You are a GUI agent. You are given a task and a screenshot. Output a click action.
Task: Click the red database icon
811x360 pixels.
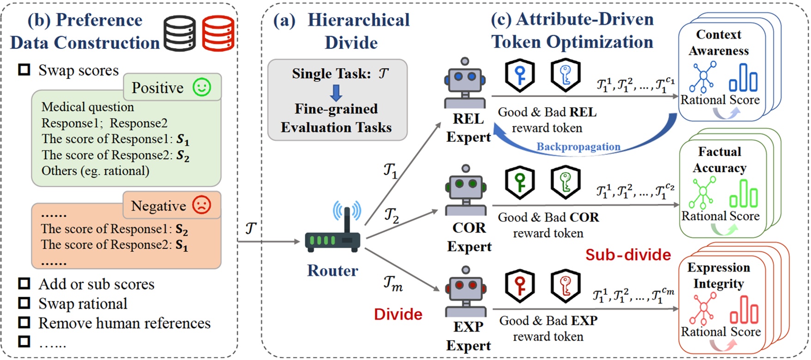coord(218,33)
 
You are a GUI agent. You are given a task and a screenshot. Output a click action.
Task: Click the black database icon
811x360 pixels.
coord(180,33)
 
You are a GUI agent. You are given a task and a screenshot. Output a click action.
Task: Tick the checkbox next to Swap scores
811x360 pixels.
coord(24,70)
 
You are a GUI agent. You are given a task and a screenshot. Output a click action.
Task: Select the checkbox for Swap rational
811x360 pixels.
coord(24,303)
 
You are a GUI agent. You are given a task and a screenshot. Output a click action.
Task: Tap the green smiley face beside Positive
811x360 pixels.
coord(202,87)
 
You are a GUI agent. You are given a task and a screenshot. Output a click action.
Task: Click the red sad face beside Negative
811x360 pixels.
coord(201,205)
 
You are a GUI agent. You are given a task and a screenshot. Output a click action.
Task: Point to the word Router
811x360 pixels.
coord(333,270)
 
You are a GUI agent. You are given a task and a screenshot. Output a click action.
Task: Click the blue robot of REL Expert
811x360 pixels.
coord(465,83)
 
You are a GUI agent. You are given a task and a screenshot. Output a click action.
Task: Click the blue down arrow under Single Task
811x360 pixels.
coord(336,92)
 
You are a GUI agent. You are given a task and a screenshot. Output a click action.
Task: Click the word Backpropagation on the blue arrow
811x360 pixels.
coord(578,146)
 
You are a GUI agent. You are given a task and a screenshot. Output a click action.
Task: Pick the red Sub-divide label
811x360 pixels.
coord(628,255)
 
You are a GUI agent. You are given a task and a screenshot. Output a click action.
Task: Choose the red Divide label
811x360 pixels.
coord(398,314)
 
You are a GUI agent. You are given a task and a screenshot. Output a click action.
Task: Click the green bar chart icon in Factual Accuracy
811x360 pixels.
coord(744,194)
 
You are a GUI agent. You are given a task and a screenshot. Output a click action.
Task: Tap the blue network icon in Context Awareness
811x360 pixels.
coord(703,77)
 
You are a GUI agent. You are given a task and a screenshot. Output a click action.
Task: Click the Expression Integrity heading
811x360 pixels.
coord(719,275)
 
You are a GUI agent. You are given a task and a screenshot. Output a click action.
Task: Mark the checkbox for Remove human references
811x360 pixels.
coord(24,323)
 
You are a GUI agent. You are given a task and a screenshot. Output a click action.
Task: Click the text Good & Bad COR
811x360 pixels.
coord(548,217)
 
